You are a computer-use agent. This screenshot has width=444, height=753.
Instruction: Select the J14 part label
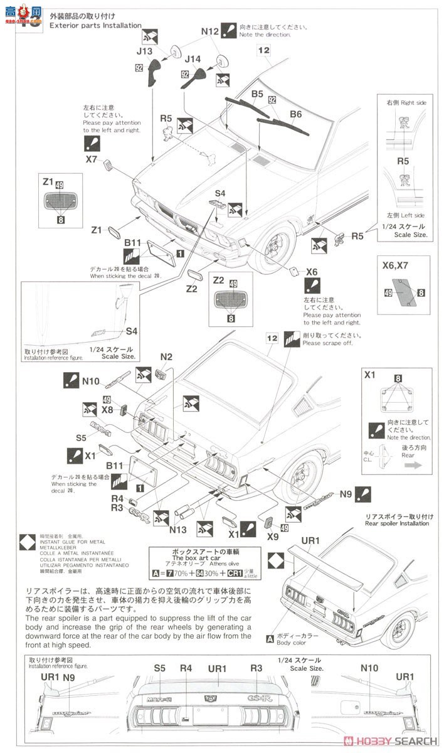tap(194, 60)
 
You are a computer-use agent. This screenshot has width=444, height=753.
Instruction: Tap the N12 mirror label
tap(210, 31)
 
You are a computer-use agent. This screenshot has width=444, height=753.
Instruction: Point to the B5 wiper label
tap(257, 94)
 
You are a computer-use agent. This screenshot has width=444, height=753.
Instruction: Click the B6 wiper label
tap(295, 114)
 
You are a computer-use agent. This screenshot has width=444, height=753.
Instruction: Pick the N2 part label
tap(166, 357)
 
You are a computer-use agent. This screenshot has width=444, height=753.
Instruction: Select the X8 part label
tap(108, 410)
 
